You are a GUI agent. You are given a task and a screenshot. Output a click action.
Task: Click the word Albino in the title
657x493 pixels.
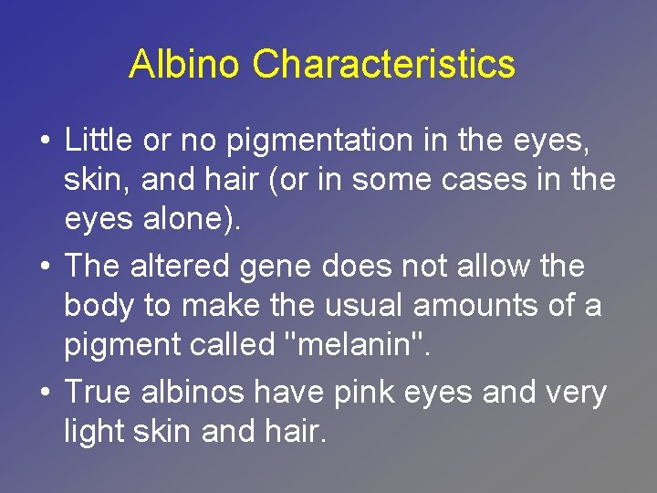(186, 65)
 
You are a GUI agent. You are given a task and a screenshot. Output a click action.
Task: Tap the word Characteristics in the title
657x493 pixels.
(383, 65)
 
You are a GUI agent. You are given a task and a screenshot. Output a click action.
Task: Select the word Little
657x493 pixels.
(99, 142)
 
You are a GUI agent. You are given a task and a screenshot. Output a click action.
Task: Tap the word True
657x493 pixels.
(98, 393)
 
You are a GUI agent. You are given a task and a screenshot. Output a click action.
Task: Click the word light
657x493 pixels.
(96, 432)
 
